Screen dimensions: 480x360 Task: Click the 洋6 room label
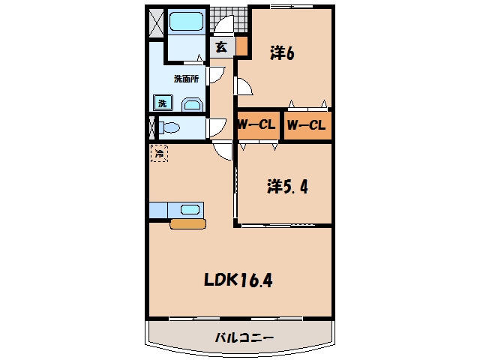[x=282, y=53]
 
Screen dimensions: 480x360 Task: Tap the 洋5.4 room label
[x=287, y=186]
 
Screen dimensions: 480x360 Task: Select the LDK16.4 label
[x=238, y=280]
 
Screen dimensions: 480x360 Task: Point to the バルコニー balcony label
[x=244, y=338]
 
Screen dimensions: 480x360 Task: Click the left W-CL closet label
[x=256, y=124]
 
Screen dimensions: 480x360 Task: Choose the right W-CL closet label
[x=306, y=125]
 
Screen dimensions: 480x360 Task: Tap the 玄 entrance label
[x=222, y=47]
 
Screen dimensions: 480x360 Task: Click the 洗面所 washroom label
[x=187, y=79]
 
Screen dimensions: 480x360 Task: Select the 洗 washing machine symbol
[x=163, y=103]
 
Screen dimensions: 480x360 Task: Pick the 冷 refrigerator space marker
[x=159, y=153]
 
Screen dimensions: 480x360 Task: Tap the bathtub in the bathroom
[x=186, y=21]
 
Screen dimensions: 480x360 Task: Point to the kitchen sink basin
[x=190, y=210]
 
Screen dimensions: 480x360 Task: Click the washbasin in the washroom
[x=193, y=105]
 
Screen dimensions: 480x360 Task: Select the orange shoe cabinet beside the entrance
[x=241, y=46]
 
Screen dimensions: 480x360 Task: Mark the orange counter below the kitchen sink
[x=188, y=223]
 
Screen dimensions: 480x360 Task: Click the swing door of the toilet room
[x=217, y=127]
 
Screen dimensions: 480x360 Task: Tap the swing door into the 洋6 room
[x=244, y=86]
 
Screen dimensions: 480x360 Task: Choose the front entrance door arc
[x=223, y=24]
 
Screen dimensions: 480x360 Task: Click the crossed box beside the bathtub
[x=157, y=23]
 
